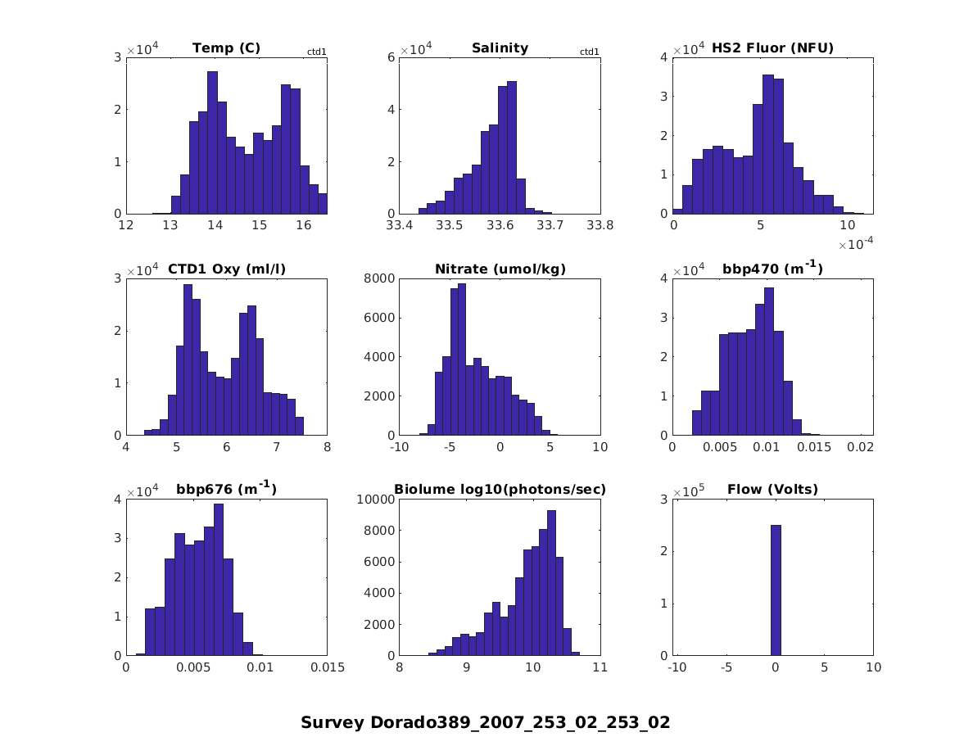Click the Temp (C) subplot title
point(226,48)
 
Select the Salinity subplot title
point(500,48)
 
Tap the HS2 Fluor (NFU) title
point(772,48)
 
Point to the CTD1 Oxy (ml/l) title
point(226,269)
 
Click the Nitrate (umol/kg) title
point(500,269)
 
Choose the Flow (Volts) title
point(772,491)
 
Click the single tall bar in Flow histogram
point(776,590)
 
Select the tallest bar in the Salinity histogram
point(512,147)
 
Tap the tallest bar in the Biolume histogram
point(551,583)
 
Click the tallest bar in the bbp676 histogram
point(219,580)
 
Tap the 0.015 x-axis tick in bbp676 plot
point(327,668)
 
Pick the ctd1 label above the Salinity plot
point(590,52)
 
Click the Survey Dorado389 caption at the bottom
point(486,723)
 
